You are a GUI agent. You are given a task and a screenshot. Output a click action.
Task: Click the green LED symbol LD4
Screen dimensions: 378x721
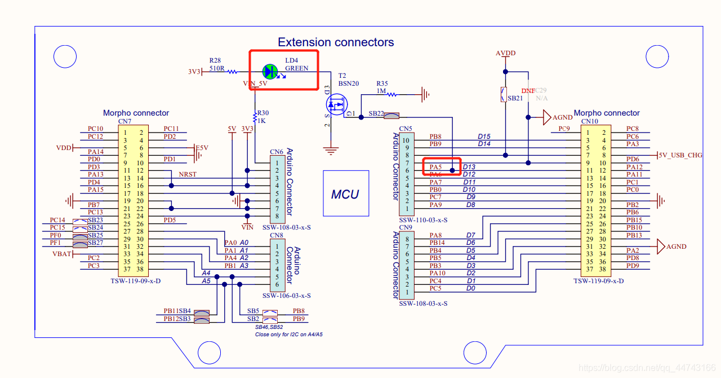pyautogui.click(x=270, y=71)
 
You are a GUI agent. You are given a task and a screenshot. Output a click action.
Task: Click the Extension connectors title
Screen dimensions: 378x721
pyautogui.click(x=336, y=42)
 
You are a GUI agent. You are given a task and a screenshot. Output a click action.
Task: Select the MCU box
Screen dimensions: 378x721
pyautogui.click(x=345, y=194)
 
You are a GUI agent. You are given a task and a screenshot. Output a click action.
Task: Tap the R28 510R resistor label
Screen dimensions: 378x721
pyautogui.click(x=217, y=64)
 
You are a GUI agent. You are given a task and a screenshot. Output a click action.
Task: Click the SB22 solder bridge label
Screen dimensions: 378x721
pyautogui.click(x=376, y=113)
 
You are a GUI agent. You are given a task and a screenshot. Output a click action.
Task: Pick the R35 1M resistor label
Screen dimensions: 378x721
pyautogui.click(x=382, y=87)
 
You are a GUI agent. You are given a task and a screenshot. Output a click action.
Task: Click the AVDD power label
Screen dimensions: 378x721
pyautogui.click(x=505, y=54)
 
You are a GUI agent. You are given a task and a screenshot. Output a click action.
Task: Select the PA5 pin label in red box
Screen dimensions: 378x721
pyautogui.click(x=435, y=167)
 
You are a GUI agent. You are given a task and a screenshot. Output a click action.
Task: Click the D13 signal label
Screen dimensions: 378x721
pyautogui.click(x=469, y=167)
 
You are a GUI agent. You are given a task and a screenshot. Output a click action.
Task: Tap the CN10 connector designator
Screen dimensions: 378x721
pyautogui.click(x=589, y=121)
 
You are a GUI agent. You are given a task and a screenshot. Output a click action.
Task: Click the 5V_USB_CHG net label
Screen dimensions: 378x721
pyautogui.click(x=680, y=155)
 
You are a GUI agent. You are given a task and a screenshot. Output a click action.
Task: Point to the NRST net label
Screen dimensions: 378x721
pyautogui.click(x=188, y=174)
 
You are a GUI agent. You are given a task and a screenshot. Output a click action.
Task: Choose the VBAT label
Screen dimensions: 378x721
pyautogui.click(x=62, y=254)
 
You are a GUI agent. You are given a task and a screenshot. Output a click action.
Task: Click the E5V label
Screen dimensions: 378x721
pyautogui.click(x=202, y=148)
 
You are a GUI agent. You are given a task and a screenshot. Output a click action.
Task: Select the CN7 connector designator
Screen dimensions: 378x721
pyautogui.click(x=124, y=121)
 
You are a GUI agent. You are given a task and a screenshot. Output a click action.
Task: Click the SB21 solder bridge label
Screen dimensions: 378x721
pyautogui.click(x=515, y=98)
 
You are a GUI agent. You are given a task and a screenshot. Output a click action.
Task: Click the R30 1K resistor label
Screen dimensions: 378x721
pyautogui.click(x=262, y=116)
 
